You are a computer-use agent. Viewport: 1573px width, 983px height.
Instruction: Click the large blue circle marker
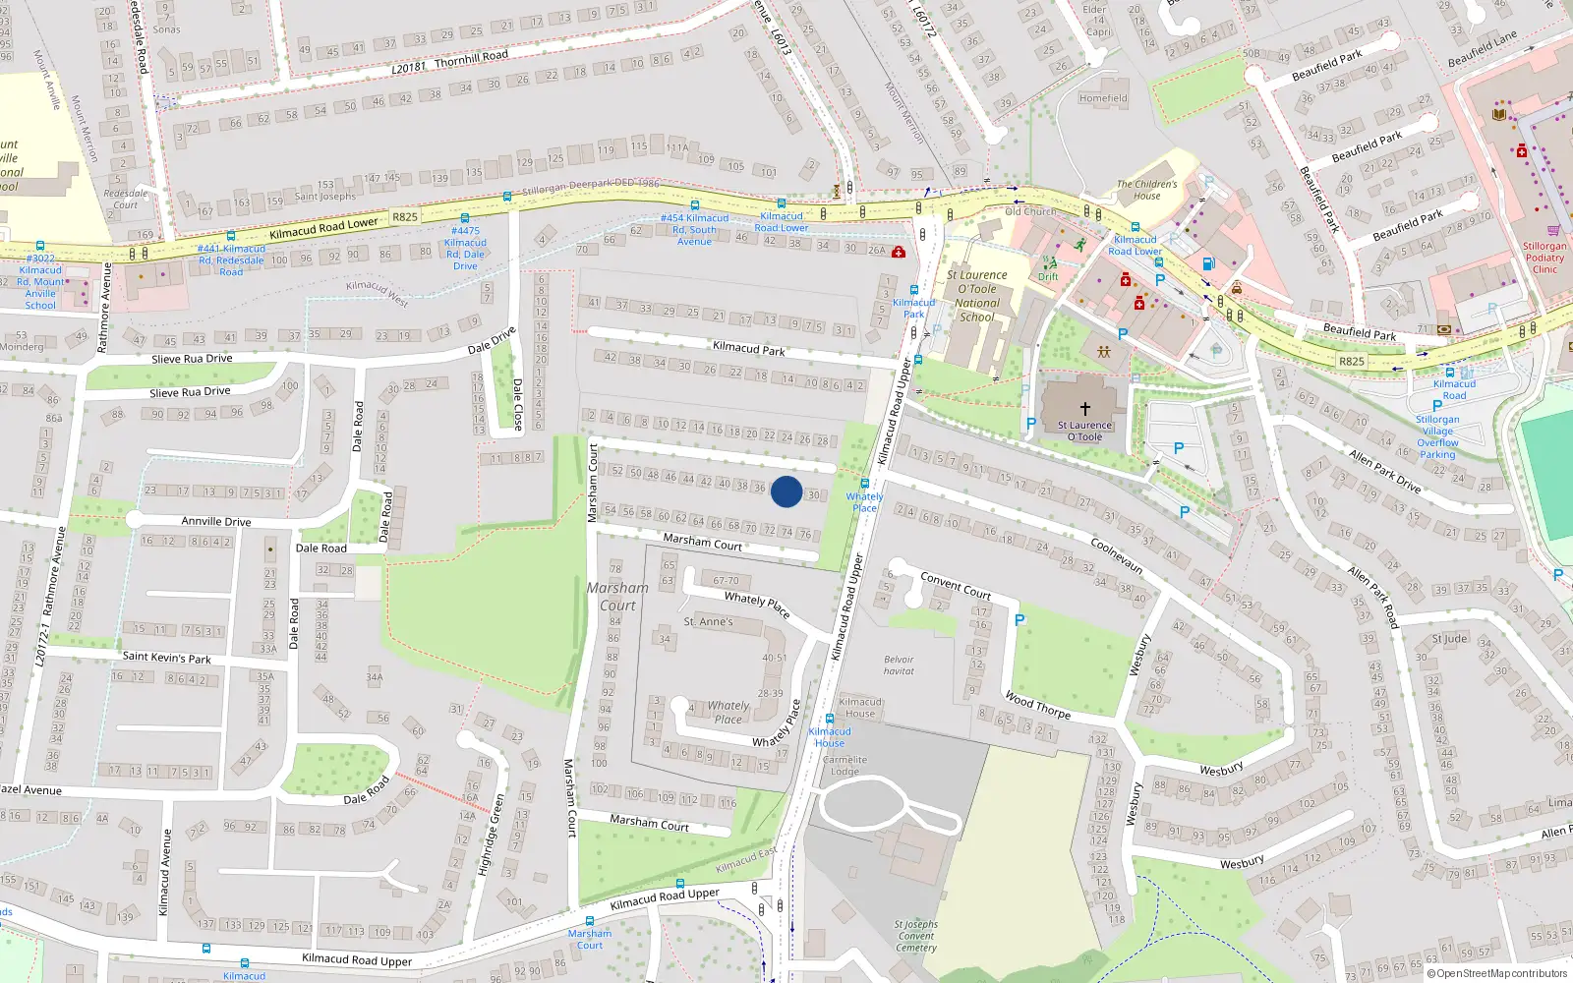click(x=786, y=491)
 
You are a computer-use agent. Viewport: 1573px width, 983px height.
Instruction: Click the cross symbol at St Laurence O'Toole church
click(x=1085, y=409)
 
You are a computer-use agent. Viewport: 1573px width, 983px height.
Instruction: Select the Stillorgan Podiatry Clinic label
click(x=1544, y=258)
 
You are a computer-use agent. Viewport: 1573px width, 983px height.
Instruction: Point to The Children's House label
click(x=1146, y=190)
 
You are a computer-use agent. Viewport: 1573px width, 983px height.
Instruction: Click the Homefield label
click(x=1103, y=98)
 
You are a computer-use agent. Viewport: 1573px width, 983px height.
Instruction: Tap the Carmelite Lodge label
click(x=845, y=766)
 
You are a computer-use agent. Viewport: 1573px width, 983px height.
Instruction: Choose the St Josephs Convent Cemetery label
click(x=915, y=936)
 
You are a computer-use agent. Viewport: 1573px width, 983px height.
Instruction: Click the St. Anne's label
click(x=708, y=622)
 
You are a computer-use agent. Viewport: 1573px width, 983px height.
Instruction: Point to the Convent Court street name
click(x=956, y=585)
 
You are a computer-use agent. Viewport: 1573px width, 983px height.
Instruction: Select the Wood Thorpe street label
click(x=1037, y=705)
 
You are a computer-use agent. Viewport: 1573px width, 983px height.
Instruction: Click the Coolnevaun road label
click(x=1117, y=555)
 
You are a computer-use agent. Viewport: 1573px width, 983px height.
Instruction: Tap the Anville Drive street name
click(x=216, y=522)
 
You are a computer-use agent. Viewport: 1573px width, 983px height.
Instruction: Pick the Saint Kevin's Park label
click(x=166, y=657)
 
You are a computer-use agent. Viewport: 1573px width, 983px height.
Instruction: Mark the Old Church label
click(x=1030, y=211)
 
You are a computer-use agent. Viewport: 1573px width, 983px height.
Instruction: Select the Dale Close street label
click(x=517, y=404)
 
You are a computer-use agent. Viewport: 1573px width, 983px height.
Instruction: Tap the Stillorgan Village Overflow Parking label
click(x=1437, y=436)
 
